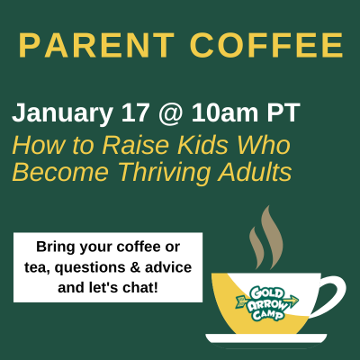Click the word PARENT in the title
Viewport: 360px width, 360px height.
(x=96, y=45)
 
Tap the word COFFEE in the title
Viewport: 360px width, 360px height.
(x=266, y=45)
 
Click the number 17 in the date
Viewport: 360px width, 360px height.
(x=135, y=112)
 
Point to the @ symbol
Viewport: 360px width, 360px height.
(x=170, y=114)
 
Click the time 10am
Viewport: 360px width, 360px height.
(x=225, y=112)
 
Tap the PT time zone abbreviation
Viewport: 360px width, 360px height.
(x=283, y=112)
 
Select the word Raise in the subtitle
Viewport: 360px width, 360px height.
(x=136, y=145)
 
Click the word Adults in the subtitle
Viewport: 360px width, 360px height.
(x=255, y=172)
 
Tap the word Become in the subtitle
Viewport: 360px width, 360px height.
(x=60, y=172)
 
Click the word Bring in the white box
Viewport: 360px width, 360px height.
(x=56, y=247)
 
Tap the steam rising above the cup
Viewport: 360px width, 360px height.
(x=266, y=238)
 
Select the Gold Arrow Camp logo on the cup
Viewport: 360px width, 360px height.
(x=267, y=303)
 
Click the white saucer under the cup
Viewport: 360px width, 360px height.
(x=266, y=338)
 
